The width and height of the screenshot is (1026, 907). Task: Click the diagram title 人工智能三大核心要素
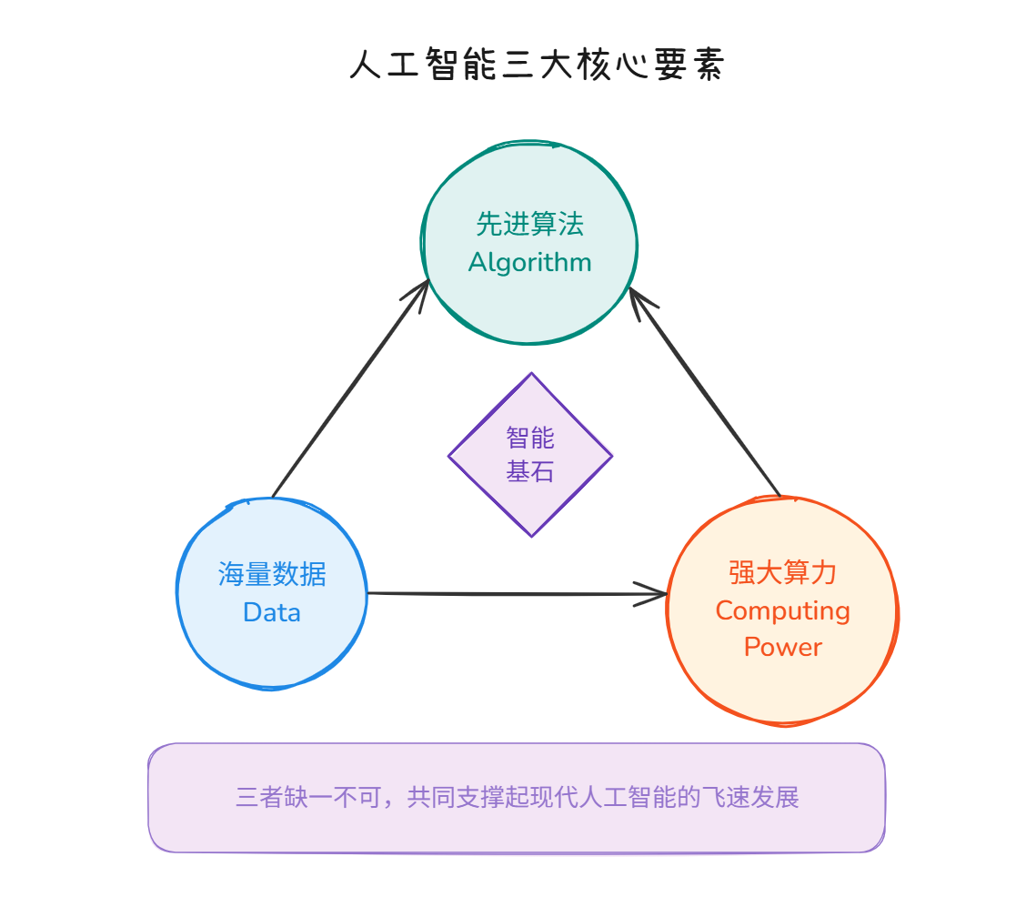[x=537, y=66]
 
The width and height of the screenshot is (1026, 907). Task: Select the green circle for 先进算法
[x=529, y=300]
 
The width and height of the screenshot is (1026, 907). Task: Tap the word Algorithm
[x=529, y=263]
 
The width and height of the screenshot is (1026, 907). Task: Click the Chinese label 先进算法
[x=529, y=224]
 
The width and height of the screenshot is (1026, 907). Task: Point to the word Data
[x=271, y=612]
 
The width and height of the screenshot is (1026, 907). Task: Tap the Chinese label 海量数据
[x=271, y=574]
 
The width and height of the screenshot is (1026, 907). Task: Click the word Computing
[x=782, y=610]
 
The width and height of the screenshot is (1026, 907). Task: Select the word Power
[x=782, y=647]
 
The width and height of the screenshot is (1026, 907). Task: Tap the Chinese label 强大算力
[x=782, y=572]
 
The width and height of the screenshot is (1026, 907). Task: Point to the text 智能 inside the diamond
[x=530, y=438]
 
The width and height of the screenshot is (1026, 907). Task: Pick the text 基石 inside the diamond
[x=530, y=472]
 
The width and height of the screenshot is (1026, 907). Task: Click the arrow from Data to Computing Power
[x=509, y=594]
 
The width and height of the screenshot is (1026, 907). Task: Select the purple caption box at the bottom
[x=516, y=828]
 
